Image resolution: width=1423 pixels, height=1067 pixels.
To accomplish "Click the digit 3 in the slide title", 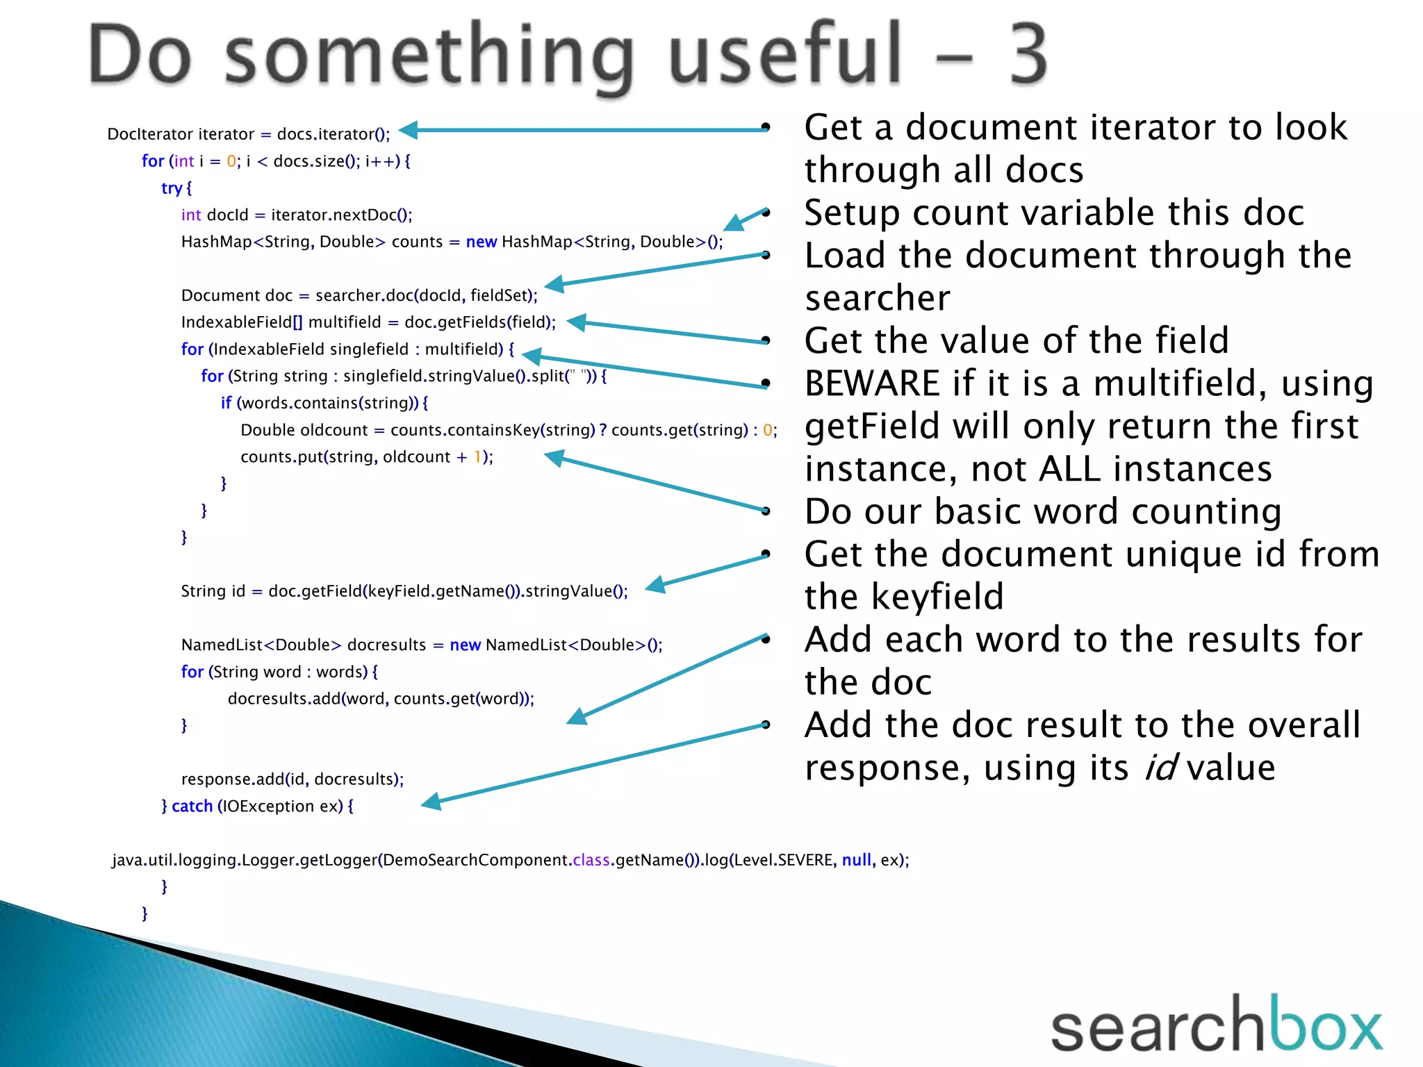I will coord(1027,54).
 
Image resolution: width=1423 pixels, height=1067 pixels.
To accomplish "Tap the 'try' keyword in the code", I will coord(171,188).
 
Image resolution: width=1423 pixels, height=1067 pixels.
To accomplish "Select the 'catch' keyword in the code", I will coord(192,806).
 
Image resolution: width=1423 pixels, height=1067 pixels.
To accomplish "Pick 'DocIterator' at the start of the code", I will coord(147,134).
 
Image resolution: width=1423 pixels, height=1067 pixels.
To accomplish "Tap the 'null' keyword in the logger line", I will coord(856,860).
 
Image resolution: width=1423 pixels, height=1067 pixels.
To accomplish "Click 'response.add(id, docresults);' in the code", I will coord(292,779).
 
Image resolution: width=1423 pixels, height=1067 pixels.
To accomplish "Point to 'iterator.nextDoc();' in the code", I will coord(341,215).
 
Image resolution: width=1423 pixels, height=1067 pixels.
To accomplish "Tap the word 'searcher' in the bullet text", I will coord(878,299).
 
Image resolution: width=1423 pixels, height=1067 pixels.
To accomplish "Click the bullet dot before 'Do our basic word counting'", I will coord(766,512).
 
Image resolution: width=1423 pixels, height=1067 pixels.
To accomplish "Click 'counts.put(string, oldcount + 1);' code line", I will coord(366,457).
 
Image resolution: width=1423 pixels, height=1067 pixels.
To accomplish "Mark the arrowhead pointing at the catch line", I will coord(431,802).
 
